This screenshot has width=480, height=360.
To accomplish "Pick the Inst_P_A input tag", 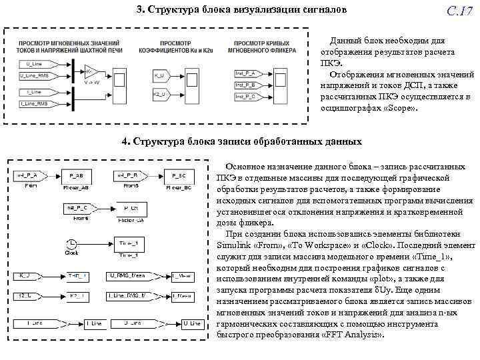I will pos(245,73).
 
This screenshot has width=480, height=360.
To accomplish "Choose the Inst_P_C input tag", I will pos(245,97).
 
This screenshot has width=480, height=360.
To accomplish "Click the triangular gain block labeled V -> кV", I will pos(91,71).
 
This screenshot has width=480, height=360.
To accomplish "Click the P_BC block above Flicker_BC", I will pos(179,177).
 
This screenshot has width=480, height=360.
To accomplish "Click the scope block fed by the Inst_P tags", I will pos(282,85).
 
